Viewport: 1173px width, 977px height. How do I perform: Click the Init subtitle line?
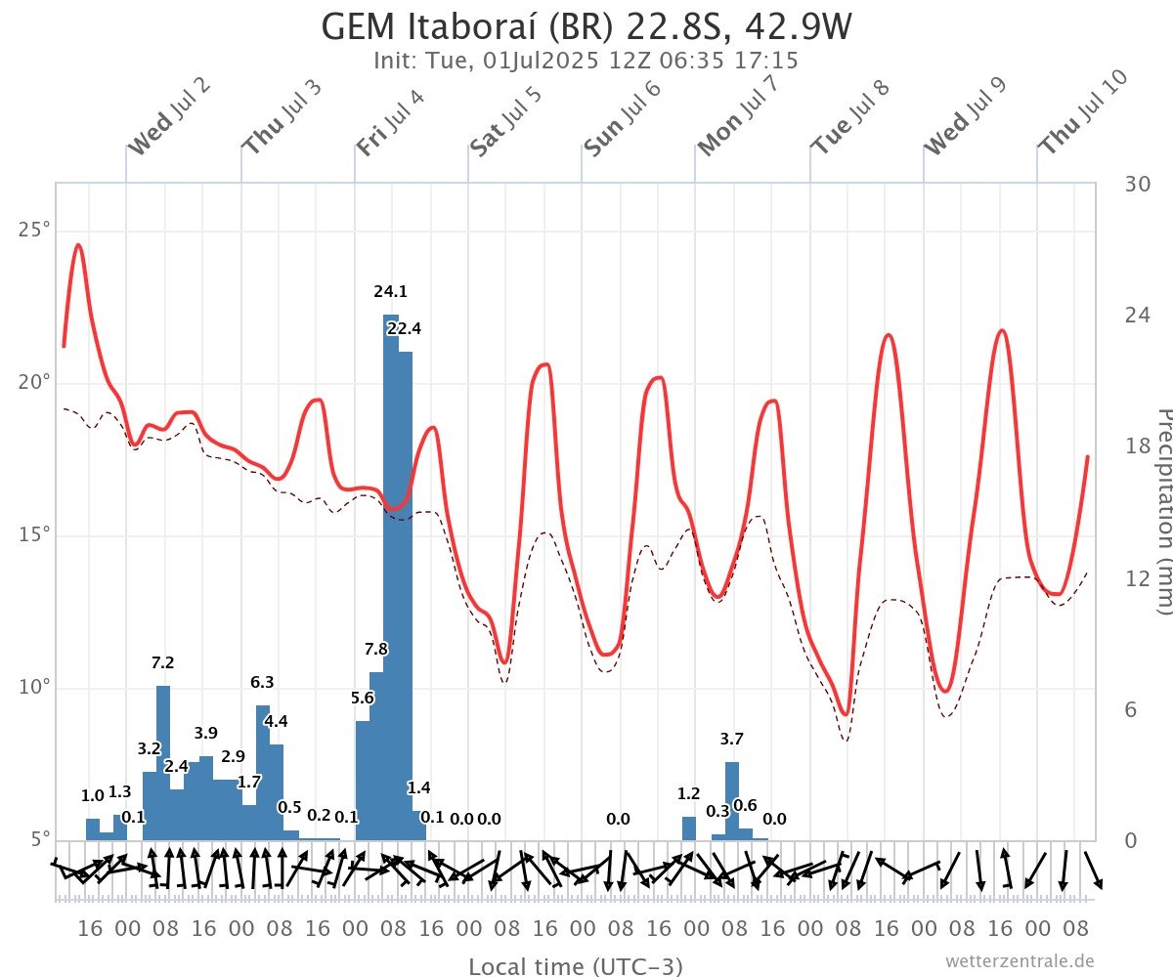[x=586, y=61]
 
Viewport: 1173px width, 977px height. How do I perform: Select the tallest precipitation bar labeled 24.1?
[x=391, y=576]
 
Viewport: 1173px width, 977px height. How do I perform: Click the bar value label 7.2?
[x=163, y=663]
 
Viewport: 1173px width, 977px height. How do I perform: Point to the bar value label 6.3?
[x=262, y=683]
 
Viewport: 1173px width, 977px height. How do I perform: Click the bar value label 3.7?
[x=732, y=740]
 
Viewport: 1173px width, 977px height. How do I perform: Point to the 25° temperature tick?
[x=33, y=231]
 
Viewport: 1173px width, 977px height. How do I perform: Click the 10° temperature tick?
[x=33, y=688]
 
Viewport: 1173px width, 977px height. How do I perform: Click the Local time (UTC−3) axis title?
[x=576, y=967]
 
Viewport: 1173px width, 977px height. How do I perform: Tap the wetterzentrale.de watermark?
[x=1020, y=961]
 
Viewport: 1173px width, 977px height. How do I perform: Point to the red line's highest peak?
[x=78, y=245]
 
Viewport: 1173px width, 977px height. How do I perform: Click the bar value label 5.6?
[x=363, y=699]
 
